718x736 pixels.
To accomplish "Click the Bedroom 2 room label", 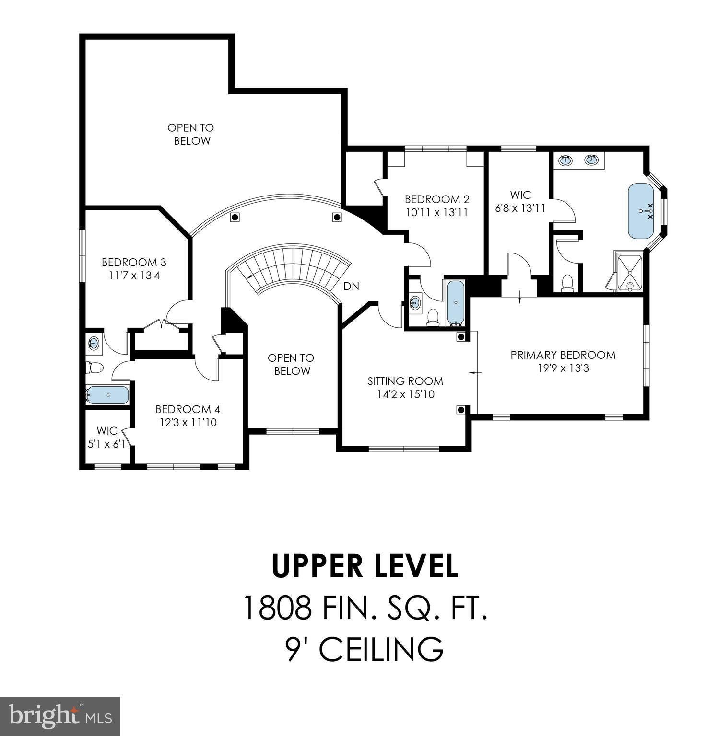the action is [x=437, y=199].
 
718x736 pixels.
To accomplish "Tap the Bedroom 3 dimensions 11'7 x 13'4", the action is [x=134, y=276].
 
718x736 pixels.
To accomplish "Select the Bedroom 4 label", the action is [x=188, y=409].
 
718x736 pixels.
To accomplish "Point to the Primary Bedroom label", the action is [x=563, y=355].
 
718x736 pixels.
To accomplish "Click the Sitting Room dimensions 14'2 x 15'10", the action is [x=406, y=394].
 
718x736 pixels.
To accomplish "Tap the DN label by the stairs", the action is [x=351, y=286].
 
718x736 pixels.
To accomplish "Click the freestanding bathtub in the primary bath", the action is [x=641, y=211].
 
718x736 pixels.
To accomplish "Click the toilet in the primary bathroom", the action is [x=567, y=283].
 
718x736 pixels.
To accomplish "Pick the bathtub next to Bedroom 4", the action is [x=108, y=395].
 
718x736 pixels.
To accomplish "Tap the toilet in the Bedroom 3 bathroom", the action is [x=95, y=368].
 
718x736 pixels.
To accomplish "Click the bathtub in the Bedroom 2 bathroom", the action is [x=455, y=303].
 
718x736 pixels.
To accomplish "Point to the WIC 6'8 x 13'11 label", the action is [x=520, y=202].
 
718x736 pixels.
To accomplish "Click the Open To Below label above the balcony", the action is [x=191, y=134].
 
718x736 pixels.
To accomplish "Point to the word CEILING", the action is [x=382, y=649].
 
